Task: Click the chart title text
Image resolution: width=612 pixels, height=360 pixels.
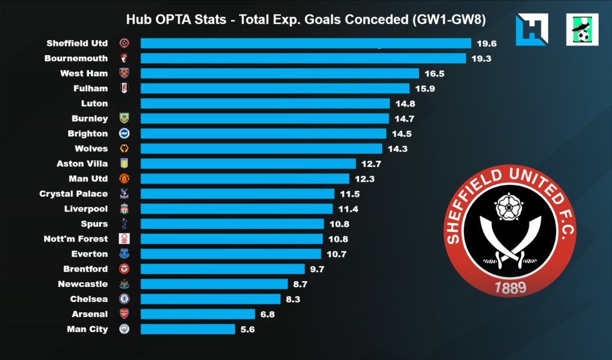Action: (305, 20)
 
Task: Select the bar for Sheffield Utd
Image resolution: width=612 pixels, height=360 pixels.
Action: (305, 43)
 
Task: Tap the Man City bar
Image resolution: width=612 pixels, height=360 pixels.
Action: (188, 329)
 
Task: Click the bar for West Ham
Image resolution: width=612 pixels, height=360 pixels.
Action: (280, 74)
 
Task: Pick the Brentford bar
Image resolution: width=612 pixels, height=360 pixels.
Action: (223, 269)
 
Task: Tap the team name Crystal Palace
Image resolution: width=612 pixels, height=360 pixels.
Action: (74, 194)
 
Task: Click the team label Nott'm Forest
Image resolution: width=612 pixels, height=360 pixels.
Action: (76, 239)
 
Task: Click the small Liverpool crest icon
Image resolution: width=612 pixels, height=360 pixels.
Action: (124, 209)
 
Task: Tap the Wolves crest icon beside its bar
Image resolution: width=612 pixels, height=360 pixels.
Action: (124, 148)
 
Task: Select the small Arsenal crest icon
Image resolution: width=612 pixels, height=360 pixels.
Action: (124, 314)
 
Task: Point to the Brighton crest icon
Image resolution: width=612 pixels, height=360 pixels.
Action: (124, 133)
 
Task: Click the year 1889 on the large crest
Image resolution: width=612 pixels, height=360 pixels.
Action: (510, 288)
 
